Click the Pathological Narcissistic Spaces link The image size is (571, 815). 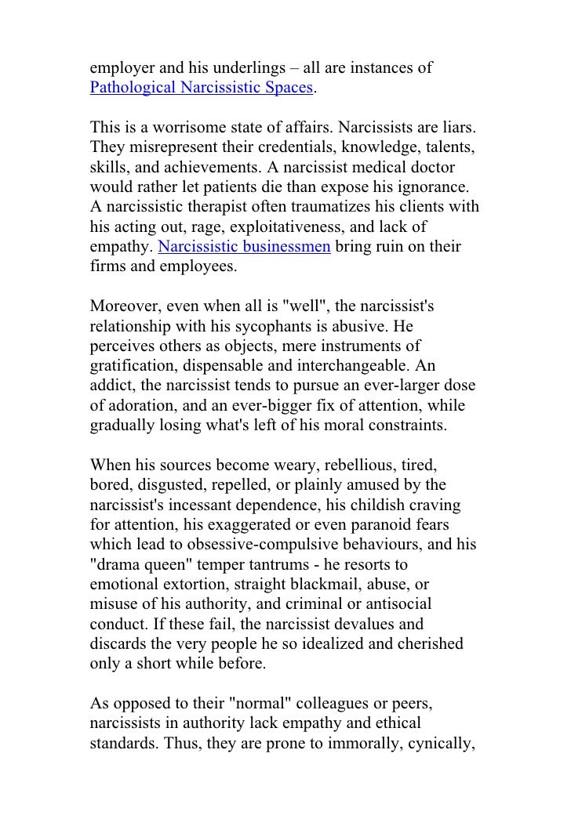202,87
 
